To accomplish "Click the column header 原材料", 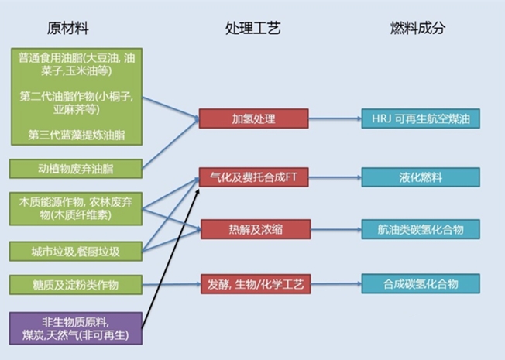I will pyautogui.click(x=68, y=29).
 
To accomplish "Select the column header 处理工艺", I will pyautogui.click(x=253, y=29).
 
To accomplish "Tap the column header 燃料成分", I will pyautogui.click(x=418, y=29).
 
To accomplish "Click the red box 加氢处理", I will pyautogui.click(x=254, y=118).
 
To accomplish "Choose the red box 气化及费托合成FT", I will pyautogui.click(x=254, y=177).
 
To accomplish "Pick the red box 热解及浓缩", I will pyautogui.click(x=254, y=229).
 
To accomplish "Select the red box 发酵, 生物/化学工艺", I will pyautogui.click(x=254, y=283).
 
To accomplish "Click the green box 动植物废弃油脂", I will pyautogui.click(x=76, y=168).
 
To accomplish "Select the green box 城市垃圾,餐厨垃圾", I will pyautogui.click(x=76, y=251).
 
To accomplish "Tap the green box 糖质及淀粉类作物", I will pyautogui.click(x=76, y=283).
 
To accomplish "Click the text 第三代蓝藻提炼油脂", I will pyautogui.click(x=76, y=134).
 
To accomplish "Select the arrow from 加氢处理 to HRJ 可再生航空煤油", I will pyautogui.click(x=335, y=118).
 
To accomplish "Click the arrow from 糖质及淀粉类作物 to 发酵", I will pyautogui.click(x=170, y=283).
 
